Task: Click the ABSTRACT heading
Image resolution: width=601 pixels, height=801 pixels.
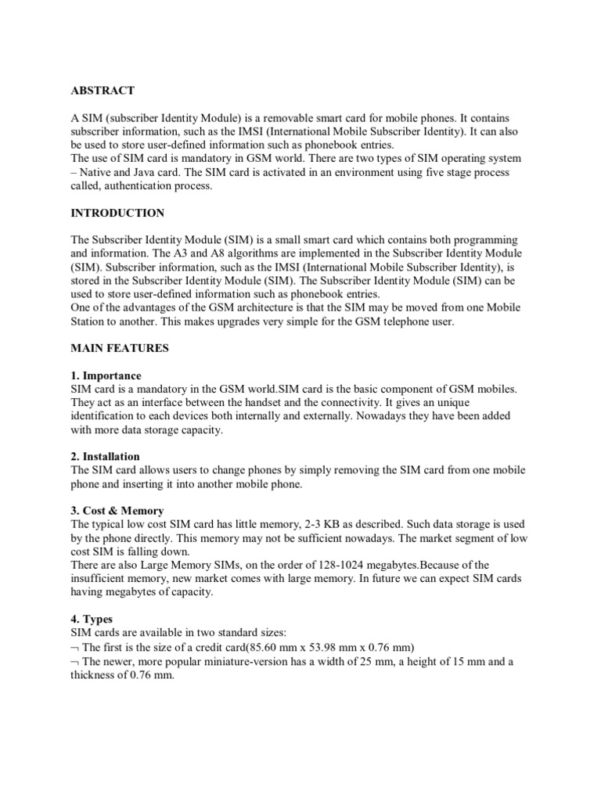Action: coord(102,91)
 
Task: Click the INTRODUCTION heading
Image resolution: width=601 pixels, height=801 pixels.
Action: coord(117,213)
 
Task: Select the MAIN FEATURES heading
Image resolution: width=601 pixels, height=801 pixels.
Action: coord(120,347)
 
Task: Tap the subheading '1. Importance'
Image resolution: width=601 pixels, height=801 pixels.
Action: coord(106,375)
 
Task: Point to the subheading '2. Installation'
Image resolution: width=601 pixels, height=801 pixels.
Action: coord(106,456)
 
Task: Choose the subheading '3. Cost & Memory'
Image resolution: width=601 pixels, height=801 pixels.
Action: coord(117,511)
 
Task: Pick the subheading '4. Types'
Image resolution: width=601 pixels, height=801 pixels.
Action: coord(92,619)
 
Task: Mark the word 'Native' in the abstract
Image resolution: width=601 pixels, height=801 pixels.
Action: coord(98,172)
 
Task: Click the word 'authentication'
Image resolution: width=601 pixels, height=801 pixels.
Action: coord(150,185)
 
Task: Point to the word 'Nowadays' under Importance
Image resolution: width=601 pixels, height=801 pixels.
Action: coord(380,415)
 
